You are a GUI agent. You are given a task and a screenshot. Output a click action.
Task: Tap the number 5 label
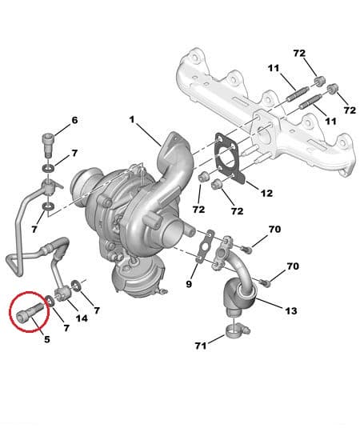tap(47, 339)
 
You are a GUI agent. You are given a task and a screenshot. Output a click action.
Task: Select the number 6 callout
tap(74, 121)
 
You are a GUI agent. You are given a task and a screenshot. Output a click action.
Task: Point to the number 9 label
tap(189, 283)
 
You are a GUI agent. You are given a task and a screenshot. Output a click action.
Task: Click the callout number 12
tap(266, 192)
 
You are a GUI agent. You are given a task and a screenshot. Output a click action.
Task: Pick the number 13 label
tap(290, 310)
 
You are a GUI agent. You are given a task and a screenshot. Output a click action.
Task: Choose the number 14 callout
tap(81, 318)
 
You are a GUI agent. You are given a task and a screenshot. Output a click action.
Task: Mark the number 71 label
tap(201, 346)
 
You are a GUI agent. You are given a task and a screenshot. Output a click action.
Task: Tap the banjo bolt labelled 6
tap(47, 146)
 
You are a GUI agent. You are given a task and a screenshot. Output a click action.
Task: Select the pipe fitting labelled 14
tap(64, 296)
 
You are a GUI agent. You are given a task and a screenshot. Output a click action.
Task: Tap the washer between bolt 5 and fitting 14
tap(49, 301)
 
